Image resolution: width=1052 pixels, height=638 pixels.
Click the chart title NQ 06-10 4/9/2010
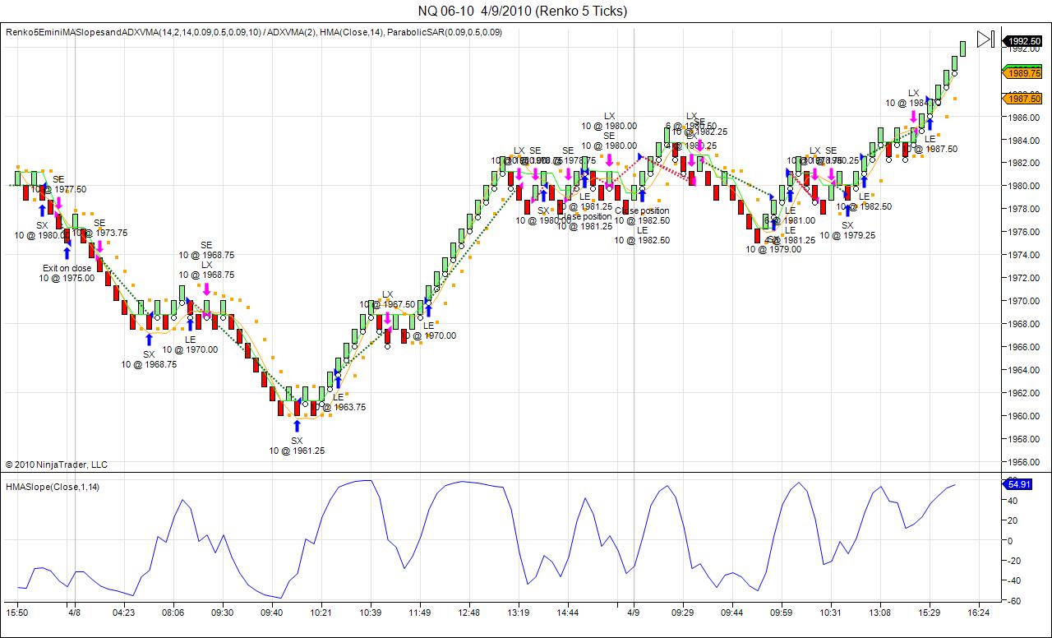(x=522, y=11)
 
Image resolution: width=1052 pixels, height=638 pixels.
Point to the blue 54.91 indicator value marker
(x=1017, y=484)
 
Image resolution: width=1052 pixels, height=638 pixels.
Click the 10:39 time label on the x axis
(x=370, y=613)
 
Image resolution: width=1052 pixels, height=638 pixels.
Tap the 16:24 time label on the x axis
(x=978, y=613)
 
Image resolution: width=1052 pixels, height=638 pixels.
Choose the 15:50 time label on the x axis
(x=17, y=613)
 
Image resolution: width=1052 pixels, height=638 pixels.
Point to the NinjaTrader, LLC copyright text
(x=57, y=465)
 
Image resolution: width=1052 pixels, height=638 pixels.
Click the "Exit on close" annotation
(x=67, y=268)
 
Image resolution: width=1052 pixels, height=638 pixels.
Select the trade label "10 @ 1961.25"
(x=297, y=451)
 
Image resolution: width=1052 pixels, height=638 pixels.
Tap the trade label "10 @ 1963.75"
(x=344, y=407)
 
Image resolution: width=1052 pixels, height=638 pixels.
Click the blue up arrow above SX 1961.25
(x=297, y=425)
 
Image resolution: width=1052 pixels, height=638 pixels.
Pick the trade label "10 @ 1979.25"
(x=847, y=235)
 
